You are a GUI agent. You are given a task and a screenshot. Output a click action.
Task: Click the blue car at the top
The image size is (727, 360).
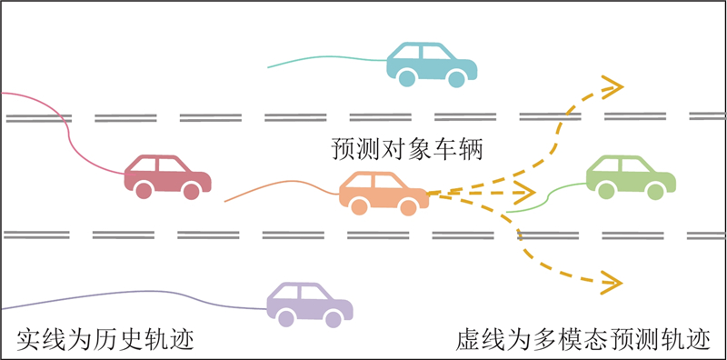432,65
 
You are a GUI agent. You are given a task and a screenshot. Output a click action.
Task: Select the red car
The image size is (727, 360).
167,176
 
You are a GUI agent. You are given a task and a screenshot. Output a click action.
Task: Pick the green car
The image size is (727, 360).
631,177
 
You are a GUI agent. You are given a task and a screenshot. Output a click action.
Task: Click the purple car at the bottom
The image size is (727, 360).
310,305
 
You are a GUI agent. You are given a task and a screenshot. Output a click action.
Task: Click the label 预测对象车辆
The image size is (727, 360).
407,150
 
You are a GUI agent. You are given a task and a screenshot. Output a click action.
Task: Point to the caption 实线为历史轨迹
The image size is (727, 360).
105,340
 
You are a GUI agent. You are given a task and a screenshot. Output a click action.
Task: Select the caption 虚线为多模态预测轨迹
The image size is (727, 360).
583,340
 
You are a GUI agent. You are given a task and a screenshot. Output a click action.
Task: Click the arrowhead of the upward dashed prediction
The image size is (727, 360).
612,86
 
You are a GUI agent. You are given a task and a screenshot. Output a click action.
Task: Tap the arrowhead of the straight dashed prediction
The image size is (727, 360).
525,191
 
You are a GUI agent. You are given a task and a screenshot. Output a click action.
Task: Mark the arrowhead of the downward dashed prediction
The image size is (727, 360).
611,283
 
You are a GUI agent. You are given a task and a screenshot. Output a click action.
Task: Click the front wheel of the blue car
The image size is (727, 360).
456,78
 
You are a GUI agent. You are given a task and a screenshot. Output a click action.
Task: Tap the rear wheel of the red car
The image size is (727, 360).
144,190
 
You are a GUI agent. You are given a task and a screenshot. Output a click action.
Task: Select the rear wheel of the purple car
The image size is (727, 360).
286,318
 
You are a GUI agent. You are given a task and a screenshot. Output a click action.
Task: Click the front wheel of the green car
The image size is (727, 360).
655,191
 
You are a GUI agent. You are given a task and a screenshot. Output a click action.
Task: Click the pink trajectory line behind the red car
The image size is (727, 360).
69,134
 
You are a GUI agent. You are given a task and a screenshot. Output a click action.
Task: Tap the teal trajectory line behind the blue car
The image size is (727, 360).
327,57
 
